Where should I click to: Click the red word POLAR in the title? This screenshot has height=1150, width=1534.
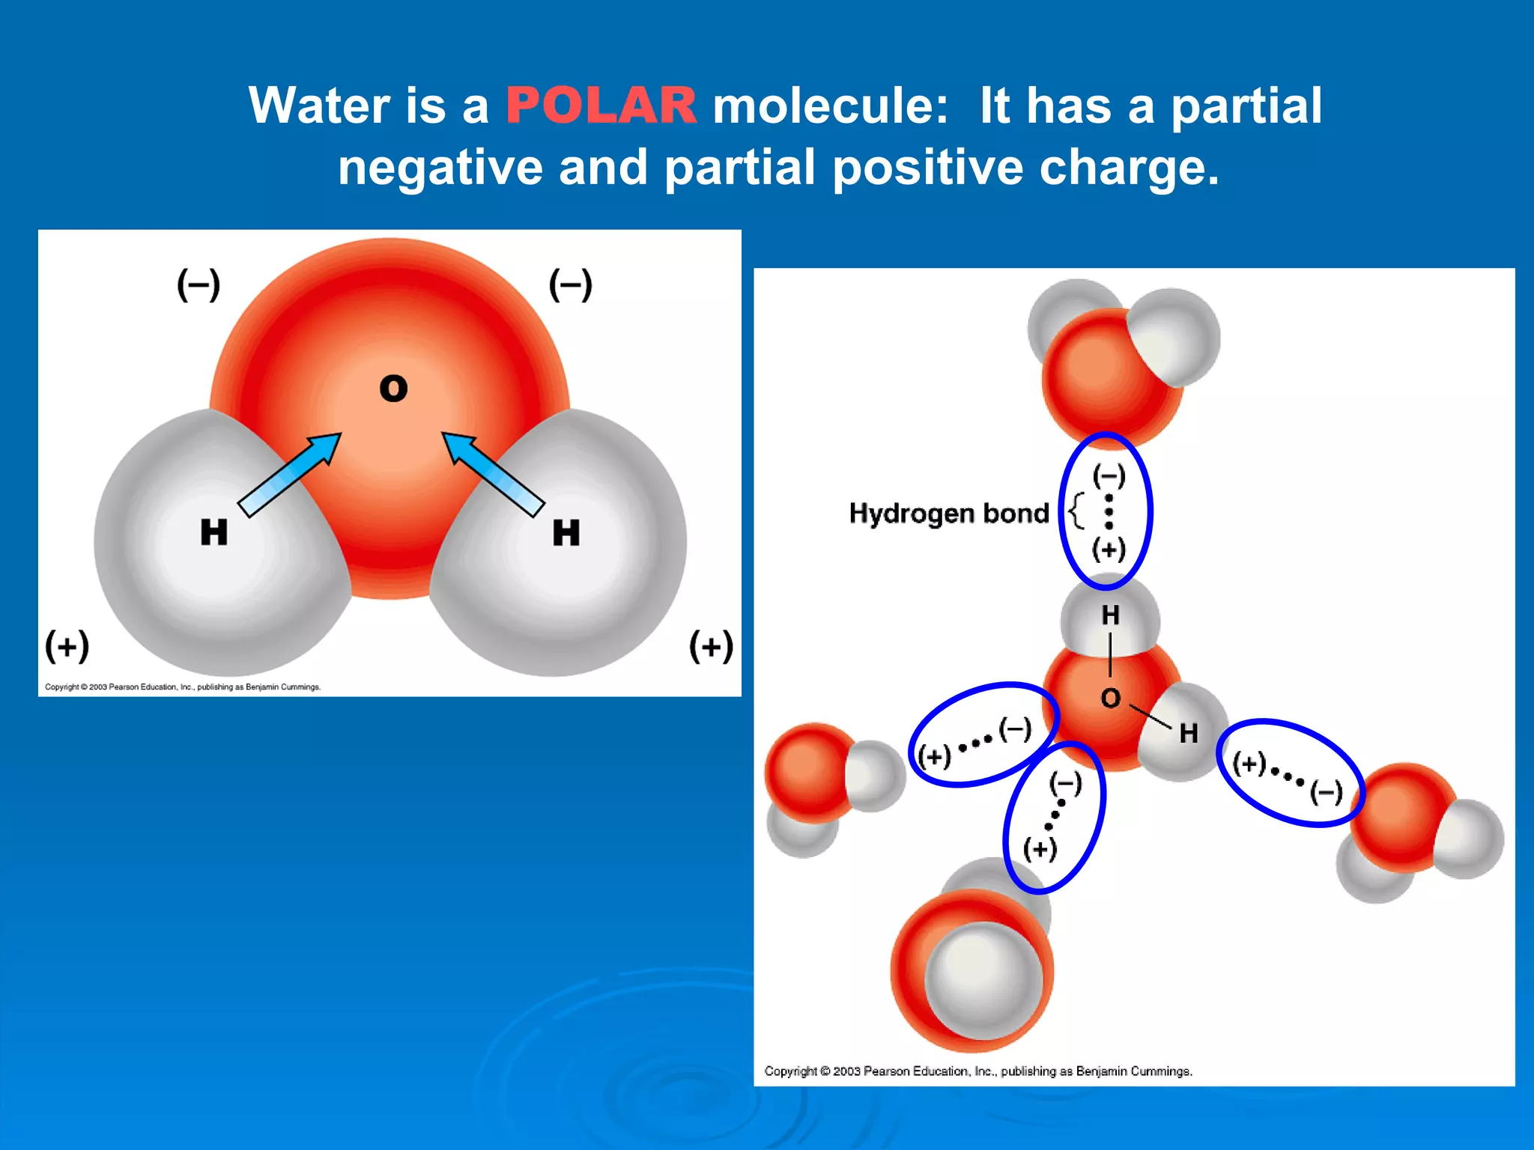[601, 106]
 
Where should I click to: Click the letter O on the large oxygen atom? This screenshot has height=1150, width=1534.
[393, 389]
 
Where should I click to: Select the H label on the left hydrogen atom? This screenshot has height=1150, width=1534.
[213, 532]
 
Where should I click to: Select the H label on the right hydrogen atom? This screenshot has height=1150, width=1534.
[566, 533]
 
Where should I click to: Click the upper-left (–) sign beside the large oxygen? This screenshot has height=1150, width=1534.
[198, 285]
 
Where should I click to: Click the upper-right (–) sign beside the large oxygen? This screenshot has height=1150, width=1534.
[571, 285]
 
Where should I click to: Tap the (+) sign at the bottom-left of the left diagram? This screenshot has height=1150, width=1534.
[67, 645]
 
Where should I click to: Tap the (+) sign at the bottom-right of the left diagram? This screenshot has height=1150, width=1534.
[711, 645]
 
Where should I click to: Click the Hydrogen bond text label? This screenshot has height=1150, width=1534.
[949, 514]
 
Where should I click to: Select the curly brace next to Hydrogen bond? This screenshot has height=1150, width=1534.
[1076, 511]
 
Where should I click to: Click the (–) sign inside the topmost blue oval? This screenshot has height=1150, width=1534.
[1109, 475]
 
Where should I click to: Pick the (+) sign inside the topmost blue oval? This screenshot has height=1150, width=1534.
[1109, 549]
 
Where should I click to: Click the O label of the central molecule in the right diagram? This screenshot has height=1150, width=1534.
[1110, 699]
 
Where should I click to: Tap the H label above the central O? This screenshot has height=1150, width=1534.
[1110, 615]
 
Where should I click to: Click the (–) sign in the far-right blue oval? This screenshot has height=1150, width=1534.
[1326, 792]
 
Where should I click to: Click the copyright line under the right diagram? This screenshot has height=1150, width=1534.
[977, 1071]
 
